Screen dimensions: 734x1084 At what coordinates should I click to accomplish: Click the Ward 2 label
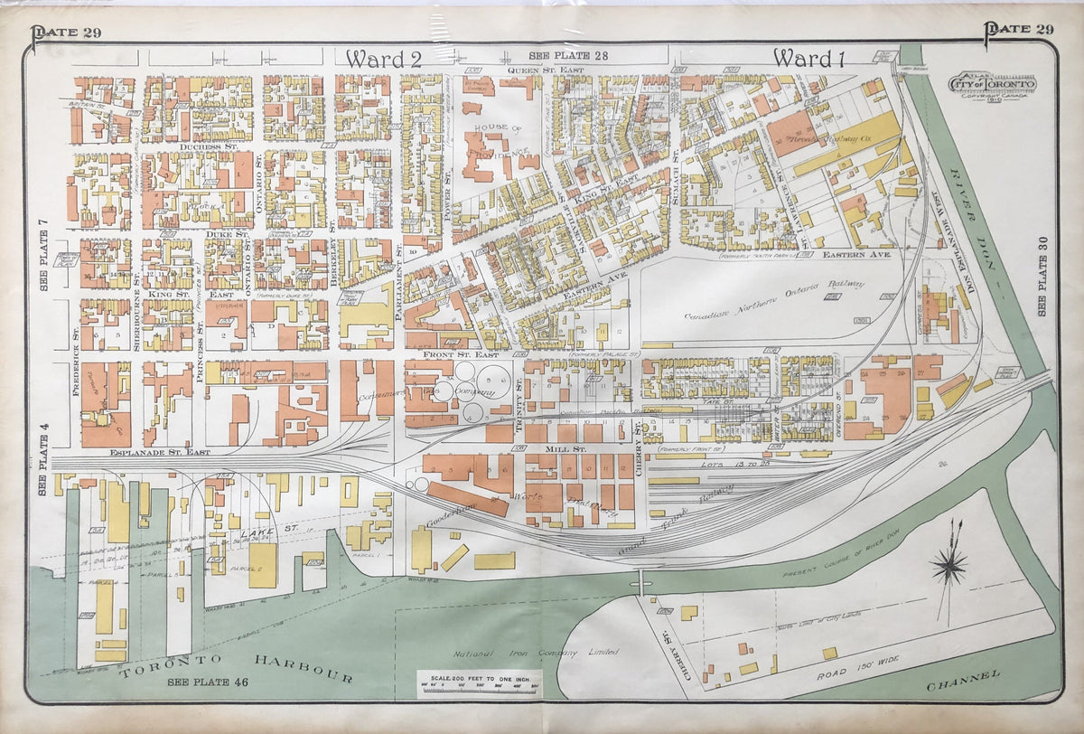384,59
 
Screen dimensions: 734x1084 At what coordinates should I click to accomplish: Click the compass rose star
949,567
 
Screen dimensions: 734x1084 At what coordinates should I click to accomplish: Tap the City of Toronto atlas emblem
992,85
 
